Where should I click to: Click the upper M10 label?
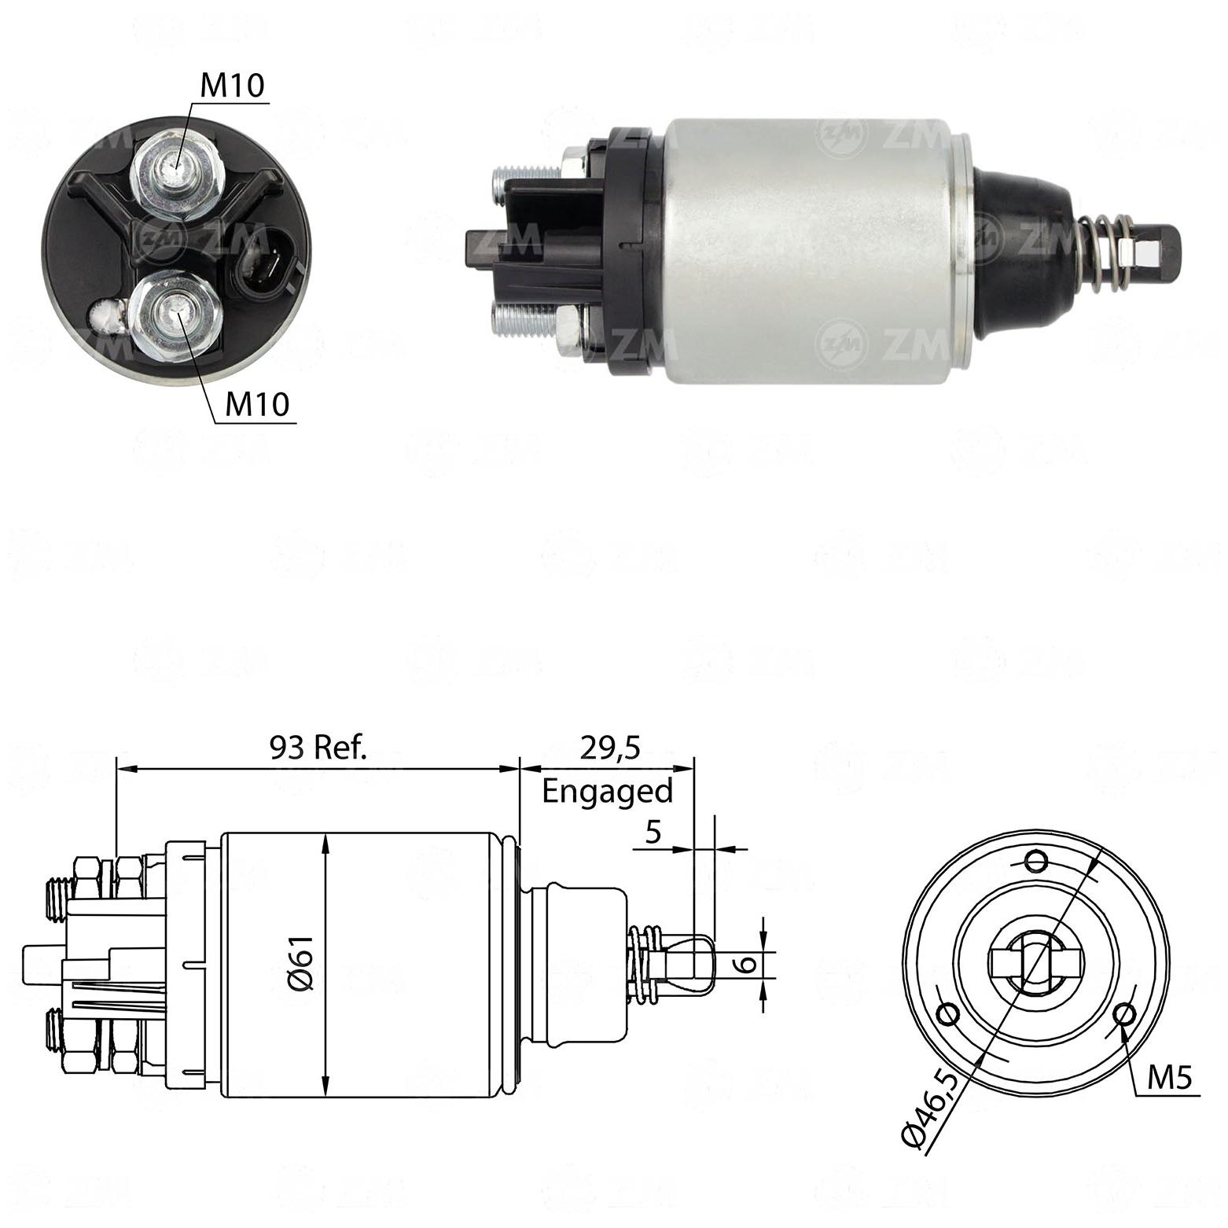point(233,85)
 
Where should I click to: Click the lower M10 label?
point(257,404)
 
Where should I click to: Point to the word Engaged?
point(608,792)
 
